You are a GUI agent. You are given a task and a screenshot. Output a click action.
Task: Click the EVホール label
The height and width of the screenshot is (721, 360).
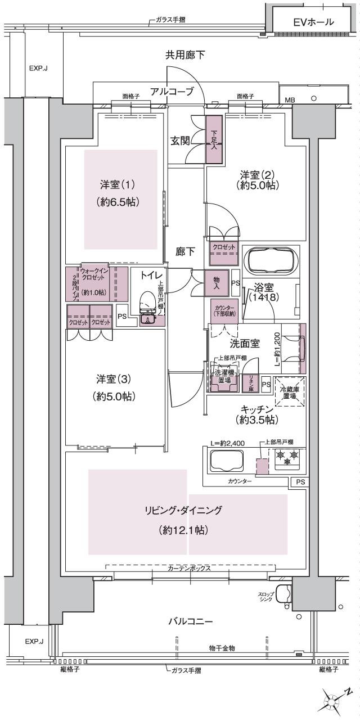point(314,23)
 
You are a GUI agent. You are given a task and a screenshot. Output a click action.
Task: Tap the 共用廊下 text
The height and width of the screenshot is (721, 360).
point(184,55)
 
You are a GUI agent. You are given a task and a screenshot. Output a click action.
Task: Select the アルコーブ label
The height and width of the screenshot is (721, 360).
point(172,91)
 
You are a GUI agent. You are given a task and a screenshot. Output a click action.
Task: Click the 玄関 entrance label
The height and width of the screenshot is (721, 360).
point(179,141)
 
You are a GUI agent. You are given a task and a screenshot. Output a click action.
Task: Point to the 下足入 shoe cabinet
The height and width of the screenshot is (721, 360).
point(214,139)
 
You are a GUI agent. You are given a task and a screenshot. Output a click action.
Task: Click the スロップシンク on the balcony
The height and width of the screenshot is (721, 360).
point(283,594)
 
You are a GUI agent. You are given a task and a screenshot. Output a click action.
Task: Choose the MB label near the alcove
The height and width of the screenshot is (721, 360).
point(290,100)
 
